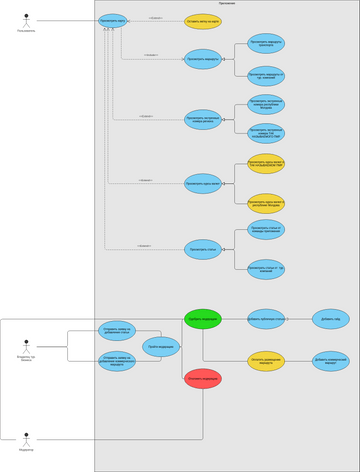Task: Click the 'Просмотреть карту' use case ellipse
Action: (113, 21)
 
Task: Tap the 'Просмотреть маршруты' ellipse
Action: (203, 59)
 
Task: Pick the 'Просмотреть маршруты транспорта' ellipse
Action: (266, 43)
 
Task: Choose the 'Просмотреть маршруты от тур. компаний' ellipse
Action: (266, 73)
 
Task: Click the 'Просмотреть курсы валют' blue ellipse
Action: (203, 183)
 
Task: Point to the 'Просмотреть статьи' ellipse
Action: (203, 249)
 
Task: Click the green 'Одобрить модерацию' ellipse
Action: (203, 319)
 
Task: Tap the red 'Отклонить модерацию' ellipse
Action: (203, 379)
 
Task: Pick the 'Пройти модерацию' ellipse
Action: (162, 347)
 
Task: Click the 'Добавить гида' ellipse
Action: (330, 319)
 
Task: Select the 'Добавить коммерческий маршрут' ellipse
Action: (330, 361)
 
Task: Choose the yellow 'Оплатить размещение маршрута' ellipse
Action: (266, 361)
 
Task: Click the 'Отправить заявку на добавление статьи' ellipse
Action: (117, 330)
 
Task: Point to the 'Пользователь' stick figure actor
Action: (25, 19)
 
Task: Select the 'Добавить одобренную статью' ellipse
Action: (266, 319)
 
